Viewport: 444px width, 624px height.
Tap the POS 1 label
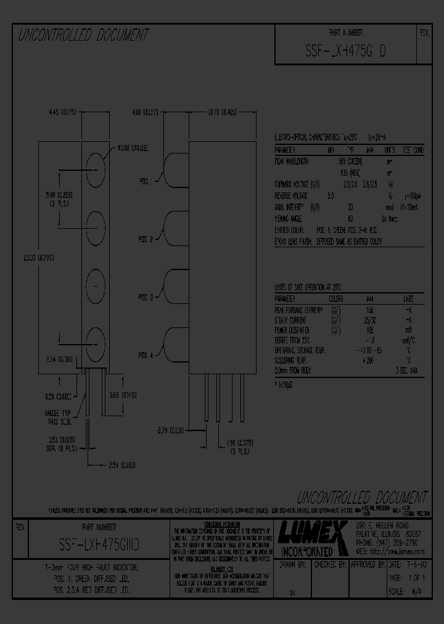coord(146,182)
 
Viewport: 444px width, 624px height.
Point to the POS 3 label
coord(146,297)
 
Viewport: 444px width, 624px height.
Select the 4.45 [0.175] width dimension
coord(62,112)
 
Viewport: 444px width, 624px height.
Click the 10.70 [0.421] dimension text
coord(223,112)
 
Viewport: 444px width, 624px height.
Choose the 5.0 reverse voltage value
coord(331,196)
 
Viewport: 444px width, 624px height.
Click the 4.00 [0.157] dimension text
coord(145,112)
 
